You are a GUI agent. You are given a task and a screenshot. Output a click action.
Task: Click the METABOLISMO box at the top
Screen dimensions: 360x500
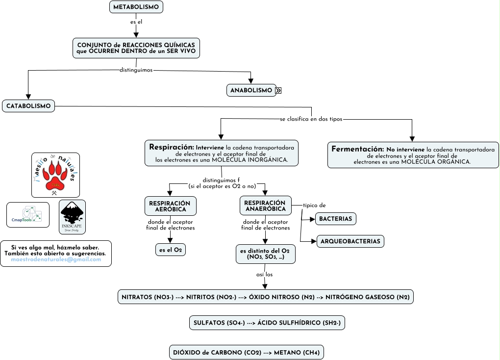click(x=136, y=7)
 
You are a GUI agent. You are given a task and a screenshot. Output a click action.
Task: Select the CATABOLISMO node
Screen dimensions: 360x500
click(x=28, y=106)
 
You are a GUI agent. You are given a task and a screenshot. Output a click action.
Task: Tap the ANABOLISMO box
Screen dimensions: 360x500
click(x=251, y=90)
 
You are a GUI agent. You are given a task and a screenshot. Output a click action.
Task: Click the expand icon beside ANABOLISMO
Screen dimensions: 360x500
click(x=278, y=90)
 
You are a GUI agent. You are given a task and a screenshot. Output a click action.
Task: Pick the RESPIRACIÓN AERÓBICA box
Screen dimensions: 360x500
click(x=170, y=206)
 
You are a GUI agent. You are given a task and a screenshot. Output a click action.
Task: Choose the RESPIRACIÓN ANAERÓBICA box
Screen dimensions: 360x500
click(x=265, y=206)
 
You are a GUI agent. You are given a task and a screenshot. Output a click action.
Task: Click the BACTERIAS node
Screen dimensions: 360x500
click(x=335, y=219)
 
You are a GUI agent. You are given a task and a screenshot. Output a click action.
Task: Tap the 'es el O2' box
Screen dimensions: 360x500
click(x=170, y=250)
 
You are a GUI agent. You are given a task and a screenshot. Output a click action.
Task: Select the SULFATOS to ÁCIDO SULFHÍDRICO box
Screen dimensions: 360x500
click(x=267, y=323)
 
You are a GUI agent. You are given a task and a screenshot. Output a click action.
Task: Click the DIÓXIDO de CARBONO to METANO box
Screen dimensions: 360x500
click(x=246, y=352)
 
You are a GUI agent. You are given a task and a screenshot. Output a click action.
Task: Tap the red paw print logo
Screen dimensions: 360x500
click(x=55, y=175)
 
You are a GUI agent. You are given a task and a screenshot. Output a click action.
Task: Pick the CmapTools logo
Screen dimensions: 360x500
click(x=28, y=215)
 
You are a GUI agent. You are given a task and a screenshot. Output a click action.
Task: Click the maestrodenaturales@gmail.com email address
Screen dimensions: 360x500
click(x=56, y=259)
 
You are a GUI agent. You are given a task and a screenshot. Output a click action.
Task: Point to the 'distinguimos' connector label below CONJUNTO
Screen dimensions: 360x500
click(x=136, y=70)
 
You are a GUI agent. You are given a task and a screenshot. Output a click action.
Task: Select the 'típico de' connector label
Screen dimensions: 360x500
click(x=314, y=205)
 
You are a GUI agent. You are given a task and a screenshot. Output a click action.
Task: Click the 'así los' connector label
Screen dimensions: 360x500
click(x=265, y=274)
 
